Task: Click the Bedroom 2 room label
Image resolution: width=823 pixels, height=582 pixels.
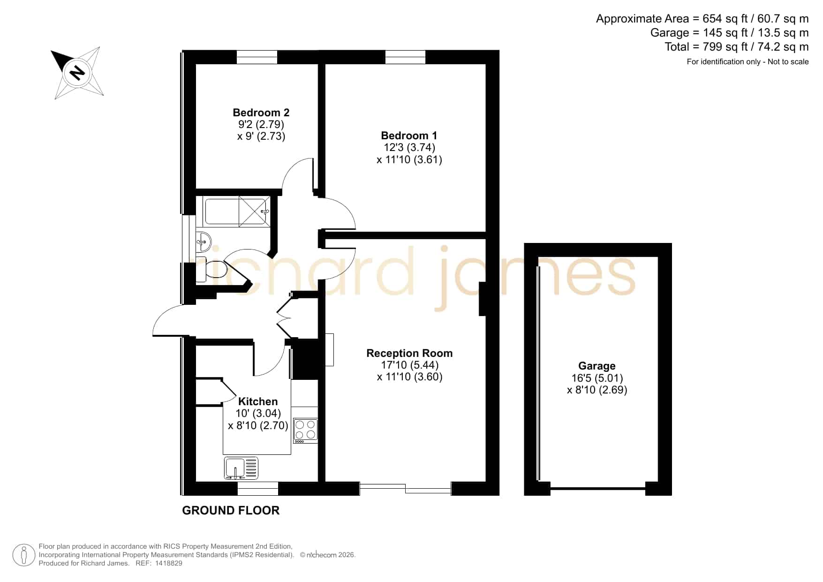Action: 261,113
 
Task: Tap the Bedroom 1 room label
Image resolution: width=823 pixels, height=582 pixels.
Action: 409,136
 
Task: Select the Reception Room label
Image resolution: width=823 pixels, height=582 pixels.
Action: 409,353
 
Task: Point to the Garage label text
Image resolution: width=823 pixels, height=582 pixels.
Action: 596,366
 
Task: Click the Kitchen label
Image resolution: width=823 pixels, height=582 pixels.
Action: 258,401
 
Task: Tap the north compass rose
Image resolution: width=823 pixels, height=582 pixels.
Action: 77,73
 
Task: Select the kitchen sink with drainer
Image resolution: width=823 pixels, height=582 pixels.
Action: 242,468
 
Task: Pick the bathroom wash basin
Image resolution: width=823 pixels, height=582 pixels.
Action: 203,242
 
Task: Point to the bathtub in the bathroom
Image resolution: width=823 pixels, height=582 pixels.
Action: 237,211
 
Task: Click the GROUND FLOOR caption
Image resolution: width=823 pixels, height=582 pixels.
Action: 231,510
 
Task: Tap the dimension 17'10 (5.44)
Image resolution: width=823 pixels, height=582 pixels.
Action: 409,365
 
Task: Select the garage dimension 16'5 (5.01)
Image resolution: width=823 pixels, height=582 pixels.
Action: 597,378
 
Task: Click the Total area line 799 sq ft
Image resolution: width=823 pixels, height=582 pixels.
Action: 737,47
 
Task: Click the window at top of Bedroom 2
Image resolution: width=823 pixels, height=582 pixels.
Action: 257,57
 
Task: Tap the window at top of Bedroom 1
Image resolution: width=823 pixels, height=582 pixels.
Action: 405,57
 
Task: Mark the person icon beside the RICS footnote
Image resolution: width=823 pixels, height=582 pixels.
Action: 23,555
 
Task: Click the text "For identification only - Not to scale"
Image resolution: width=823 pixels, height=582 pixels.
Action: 747,61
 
